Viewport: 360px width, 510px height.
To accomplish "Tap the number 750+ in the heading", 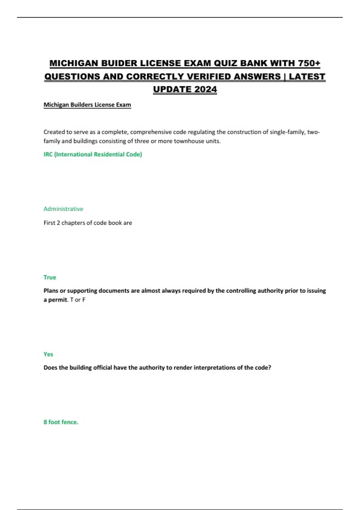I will [x=309, y=63].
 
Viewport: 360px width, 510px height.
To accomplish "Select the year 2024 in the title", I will [x=205, y=89].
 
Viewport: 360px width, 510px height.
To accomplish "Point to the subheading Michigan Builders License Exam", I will [x=87, y=105].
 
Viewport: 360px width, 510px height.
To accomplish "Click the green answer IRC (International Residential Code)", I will [x=93, y=154].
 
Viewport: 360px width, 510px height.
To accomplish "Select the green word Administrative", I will [x=63, y=209].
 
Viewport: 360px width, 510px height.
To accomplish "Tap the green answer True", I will [x=50, y=277].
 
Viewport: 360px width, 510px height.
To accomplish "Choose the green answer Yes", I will [x=48, y=354].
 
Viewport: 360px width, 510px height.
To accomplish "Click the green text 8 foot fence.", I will [x=61, y=422].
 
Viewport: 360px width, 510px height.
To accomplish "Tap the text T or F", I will [x=78, y=300].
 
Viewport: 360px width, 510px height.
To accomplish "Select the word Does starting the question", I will [x=50, y=367].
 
